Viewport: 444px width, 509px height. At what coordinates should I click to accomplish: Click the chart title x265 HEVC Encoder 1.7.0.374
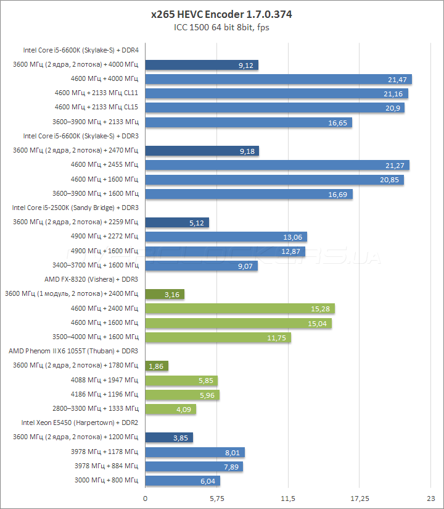click(x=221, y=14)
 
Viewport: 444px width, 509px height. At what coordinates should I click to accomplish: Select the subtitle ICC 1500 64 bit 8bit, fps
click(x=221, y=27)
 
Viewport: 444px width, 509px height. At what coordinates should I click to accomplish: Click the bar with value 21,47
click(x=278, y=79)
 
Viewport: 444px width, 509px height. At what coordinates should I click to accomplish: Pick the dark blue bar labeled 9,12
click(x=202, y=65)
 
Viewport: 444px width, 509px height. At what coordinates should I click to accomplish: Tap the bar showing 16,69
click(x=249, y=194)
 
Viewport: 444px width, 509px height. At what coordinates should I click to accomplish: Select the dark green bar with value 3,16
click(x=165, y=294)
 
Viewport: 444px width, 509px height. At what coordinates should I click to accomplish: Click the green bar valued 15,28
click(x=240, y=308)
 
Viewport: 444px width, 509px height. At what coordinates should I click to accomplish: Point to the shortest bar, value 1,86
click(x=157, y=366)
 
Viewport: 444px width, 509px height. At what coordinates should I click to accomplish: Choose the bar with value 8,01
click(x=195, y=452)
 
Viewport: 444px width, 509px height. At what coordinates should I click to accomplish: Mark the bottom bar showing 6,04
click(x=183, y=481)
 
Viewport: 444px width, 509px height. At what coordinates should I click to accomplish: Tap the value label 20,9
click(x=393, y=107)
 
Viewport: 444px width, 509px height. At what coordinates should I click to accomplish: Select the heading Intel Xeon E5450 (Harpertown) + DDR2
click(x=80, y=423)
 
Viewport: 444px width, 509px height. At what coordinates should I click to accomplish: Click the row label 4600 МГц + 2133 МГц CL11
click(x=96, y=93)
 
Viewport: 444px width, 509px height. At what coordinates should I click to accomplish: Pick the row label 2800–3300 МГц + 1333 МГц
click(x=96, y=408)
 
